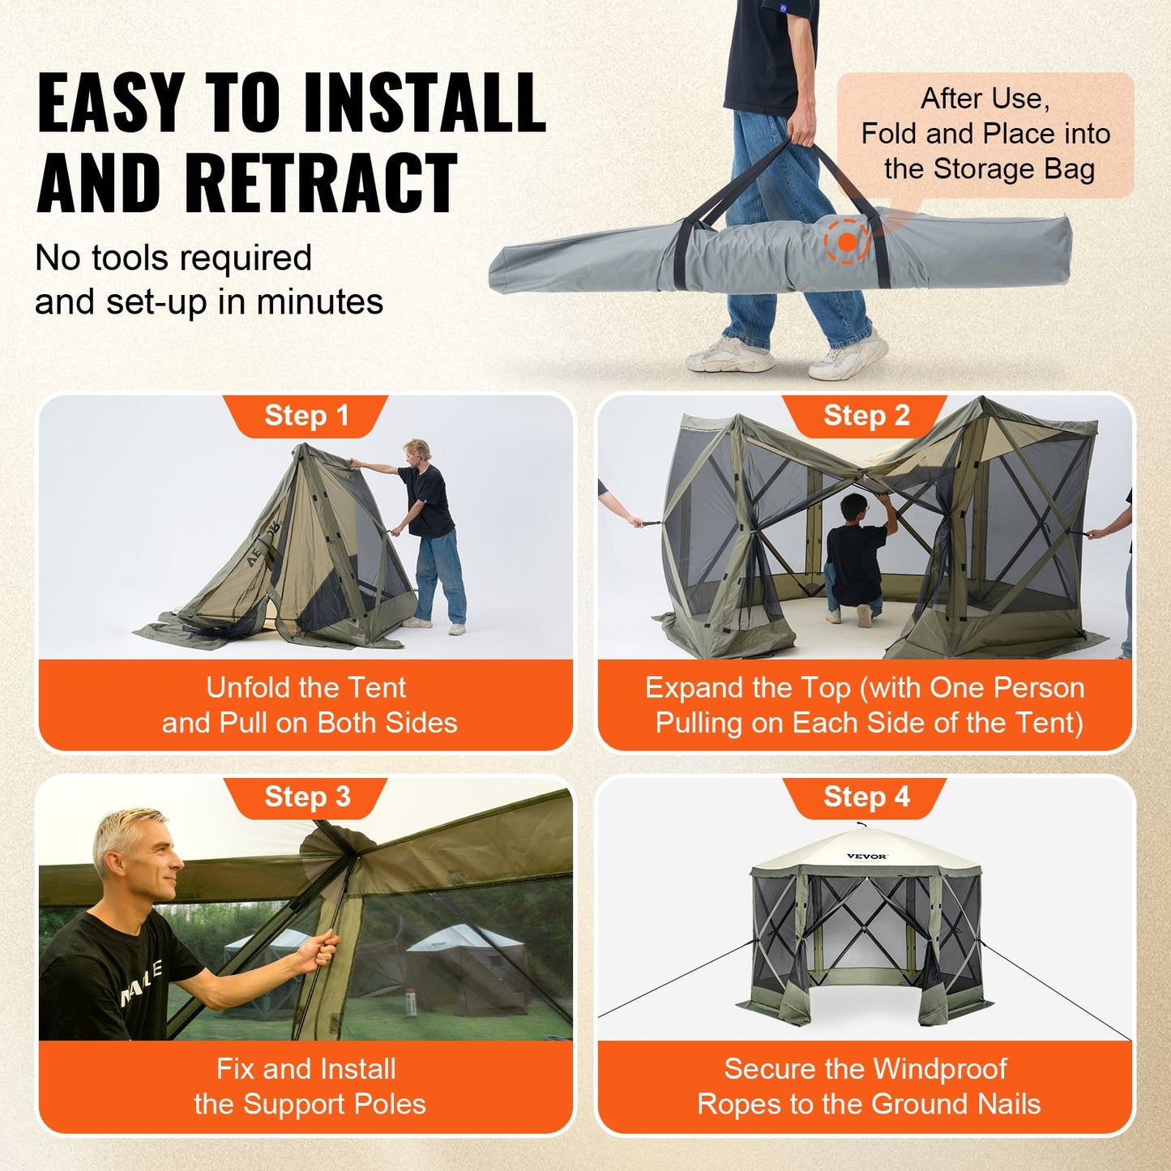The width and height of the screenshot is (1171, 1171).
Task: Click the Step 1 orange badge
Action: tap(306, 416)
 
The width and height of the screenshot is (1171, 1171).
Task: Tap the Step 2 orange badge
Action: tap(865, 416)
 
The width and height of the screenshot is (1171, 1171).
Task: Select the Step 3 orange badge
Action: tap(306, 797)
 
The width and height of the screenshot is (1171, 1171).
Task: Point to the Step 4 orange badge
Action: tap(865, 797)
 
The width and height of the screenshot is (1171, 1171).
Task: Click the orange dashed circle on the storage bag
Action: tap(847, 241)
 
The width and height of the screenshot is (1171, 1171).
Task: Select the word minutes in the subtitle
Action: tap(320, 302)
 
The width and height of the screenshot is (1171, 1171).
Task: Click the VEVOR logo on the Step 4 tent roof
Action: tap(866, 857)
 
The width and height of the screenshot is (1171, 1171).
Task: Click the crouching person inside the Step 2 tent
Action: tap(855, 559)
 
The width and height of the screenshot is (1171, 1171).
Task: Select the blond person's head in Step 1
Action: tap(417, 451)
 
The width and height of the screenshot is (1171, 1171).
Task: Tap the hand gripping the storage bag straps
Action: tap(801, 130)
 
